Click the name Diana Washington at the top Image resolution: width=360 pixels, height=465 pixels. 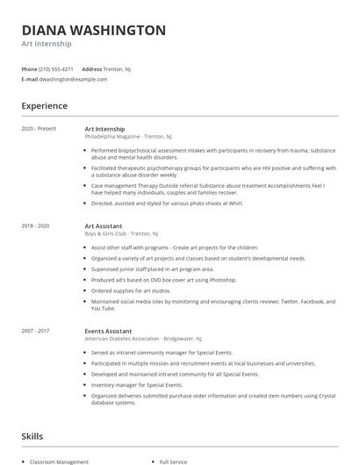pyautogui.click(x=93, y=30)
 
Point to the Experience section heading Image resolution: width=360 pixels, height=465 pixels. pyautogui.click(x=44, y=106)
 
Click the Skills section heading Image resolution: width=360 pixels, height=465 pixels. pyautogui.click(x=32, y=435)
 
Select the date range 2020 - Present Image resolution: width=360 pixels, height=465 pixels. pyautogui.click(x=39, y=129)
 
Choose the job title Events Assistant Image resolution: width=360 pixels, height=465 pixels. pyautogui.click(x=107, y=331)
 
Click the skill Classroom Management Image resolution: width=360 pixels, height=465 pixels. pyautogui.click(x=60, y=461)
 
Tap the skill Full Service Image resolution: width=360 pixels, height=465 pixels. pyautogui.click(x=172, y=461)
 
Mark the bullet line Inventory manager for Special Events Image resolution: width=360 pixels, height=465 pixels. pyautogui.click(x=136, y=384)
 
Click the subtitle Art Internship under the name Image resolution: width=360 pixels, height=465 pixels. pyautogui.click(x=47, y=44)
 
